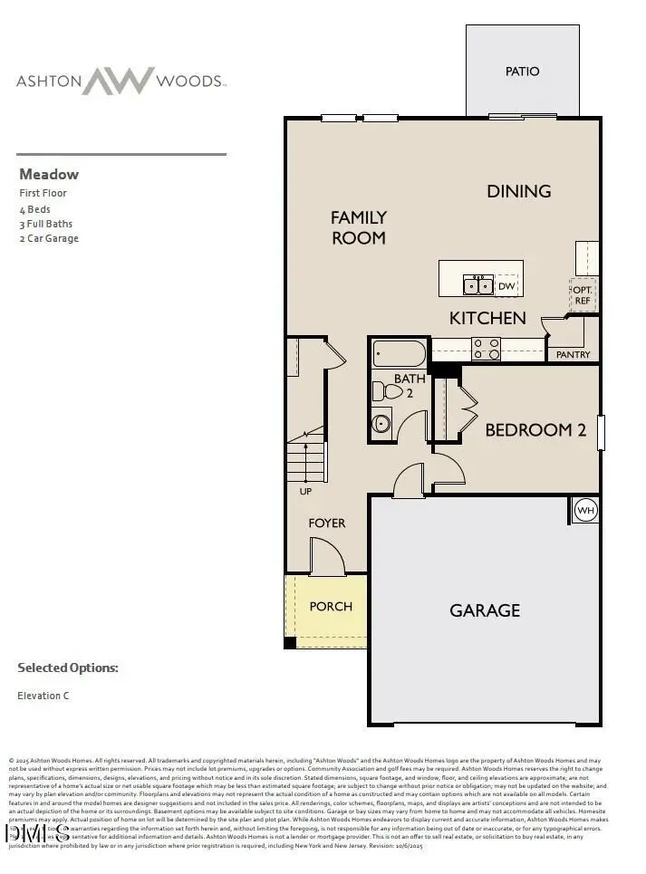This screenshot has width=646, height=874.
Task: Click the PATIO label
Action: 522,72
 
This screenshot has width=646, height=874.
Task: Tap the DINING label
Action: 519,191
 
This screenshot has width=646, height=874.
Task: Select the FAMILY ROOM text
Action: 358,227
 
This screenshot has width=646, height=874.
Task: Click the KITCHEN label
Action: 487,318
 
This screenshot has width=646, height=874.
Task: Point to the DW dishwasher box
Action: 506,286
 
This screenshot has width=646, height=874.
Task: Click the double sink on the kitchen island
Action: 477,286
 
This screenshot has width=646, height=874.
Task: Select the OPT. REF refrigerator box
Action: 582,293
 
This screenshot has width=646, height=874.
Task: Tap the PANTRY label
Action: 573,355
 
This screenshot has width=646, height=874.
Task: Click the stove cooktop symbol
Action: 486,348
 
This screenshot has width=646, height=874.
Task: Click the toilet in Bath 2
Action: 388,391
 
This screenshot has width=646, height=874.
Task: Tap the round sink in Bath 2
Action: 381,422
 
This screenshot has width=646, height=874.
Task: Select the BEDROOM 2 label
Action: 535,430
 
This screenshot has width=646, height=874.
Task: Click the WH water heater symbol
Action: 584,509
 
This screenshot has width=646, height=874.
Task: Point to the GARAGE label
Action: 485,610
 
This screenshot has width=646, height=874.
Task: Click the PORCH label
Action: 331,606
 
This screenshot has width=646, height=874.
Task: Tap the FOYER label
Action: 326,523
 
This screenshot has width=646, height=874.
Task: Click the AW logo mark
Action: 119,81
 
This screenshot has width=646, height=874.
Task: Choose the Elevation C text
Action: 43,696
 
